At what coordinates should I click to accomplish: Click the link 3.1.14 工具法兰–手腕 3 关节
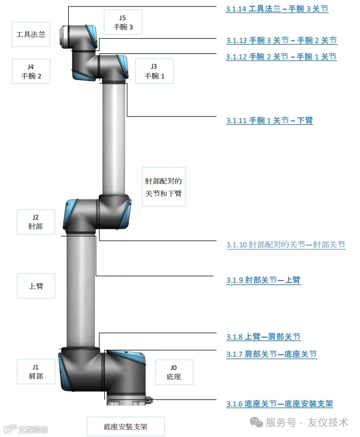pos(277,9)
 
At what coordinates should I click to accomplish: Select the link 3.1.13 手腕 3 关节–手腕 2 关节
pos(281,40)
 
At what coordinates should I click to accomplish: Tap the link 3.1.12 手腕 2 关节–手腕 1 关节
pos(281,57)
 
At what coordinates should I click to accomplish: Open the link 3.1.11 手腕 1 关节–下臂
pos(269,120)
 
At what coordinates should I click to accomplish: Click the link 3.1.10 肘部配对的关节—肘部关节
pos(286,245)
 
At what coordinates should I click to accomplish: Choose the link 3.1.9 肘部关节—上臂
pos(263,281)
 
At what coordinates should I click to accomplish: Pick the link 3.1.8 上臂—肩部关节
pos(263,337)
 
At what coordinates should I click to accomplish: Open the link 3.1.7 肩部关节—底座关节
pos(272,354)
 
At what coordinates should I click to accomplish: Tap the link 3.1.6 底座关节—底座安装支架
pos(279,404)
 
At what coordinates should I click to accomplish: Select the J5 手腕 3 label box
pos(123,22)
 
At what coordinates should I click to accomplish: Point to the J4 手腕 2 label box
pos(31,71)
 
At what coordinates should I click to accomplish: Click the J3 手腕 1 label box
pos(154,71)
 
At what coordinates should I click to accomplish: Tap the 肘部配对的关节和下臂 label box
pos(164,186)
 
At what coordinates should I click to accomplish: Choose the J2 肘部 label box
pos(35,222)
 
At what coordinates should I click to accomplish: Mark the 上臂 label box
pos(36,286)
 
